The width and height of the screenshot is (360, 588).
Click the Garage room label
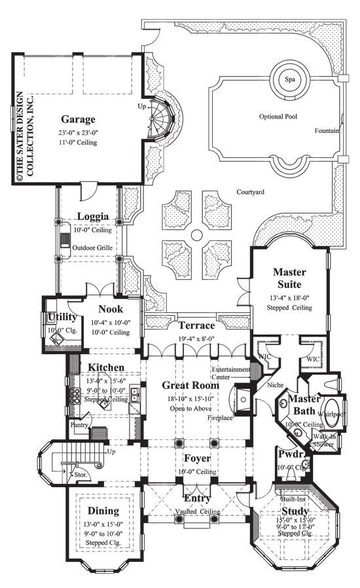[78, 119]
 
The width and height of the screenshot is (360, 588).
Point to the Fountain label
[327, 130]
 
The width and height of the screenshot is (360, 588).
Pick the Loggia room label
[92, 216]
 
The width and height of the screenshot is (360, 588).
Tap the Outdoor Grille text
[93, 248]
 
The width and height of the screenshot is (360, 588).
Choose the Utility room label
[63, 317]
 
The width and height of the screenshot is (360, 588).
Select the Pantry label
[81, 424]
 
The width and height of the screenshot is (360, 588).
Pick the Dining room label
[103, 510]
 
